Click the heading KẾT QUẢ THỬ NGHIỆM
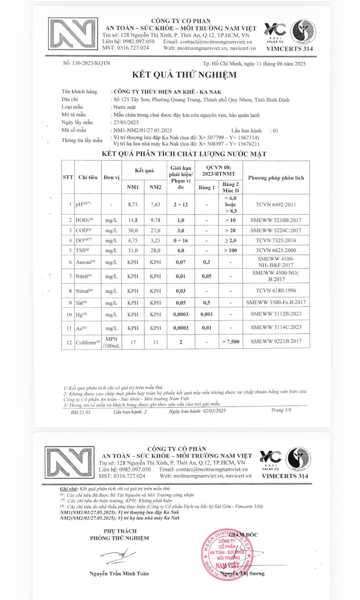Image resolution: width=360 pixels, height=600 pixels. coord(184,75)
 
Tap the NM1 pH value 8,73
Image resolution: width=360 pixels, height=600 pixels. coord(132,205)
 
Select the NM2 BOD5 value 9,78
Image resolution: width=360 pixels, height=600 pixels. coord(155,220)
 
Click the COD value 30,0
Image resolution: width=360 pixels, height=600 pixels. coord(132,230)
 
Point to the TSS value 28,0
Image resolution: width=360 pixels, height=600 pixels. coord(155,250)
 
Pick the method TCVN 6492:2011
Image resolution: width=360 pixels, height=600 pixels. coord(275,205)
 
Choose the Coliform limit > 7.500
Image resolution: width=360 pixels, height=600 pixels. coord(230,342)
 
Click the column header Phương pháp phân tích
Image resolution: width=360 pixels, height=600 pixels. coord(276,177)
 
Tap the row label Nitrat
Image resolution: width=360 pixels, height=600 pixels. coord(84,291)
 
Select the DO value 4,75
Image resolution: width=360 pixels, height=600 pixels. coord(132,240)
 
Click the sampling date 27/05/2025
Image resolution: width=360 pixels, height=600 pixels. coord(126,122)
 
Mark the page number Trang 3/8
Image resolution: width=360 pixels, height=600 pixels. coord(281,410)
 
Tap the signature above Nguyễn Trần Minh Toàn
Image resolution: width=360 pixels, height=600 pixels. coord(118,554)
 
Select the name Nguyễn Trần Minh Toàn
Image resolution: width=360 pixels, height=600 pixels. coord(119,574)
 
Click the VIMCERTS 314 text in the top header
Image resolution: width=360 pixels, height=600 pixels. coord(289,49)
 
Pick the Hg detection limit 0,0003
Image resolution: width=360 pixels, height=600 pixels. coord(181,314)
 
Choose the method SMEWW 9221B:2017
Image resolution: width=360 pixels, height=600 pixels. coord(276,341)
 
